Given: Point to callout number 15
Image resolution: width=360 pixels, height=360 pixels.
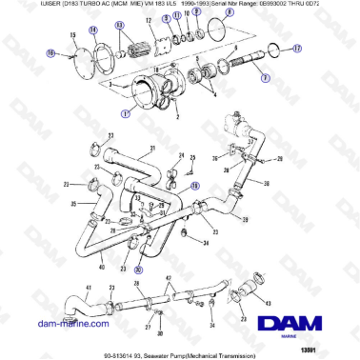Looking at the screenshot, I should [x=71, y=36].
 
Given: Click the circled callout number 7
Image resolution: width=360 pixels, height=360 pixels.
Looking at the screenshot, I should [x=266, y=77].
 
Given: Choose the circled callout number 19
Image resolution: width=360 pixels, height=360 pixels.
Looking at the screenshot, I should [x=195, y=186].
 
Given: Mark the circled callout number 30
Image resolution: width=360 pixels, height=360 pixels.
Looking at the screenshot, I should [x=137, y=270].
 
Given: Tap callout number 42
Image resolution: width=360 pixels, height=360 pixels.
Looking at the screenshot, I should [x=170, y=279].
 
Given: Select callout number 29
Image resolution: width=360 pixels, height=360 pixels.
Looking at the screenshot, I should [x=246, y=221].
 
